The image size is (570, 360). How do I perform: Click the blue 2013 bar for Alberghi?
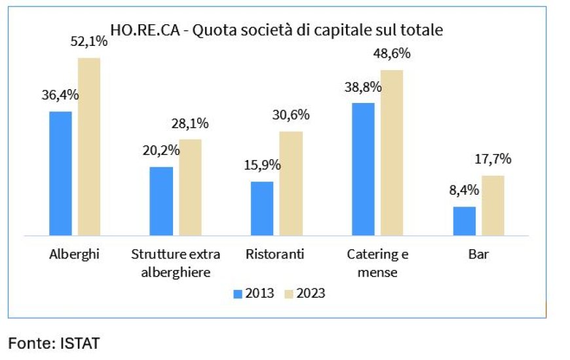point(60,173)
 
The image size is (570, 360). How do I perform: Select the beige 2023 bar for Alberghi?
point(89,146)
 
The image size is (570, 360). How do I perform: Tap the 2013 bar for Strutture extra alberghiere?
point(161,201)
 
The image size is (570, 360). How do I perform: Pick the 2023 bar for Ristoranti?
point(291,183)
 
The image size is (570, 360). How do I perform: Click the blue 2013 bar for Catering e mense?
point(363,169)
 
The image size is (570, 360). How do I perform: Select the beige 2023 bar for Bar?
point(493,205)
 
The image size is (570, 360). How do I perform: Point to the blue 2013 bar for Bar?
point(465,220)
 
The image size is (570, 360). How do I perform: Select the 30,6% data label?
point(291,115)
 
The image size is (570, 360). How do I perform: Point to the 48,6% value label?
point(392,54)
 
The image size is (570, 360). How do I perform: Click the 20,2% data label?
point(161,150)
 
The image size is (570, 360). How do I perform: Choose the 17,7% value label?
point(493,159)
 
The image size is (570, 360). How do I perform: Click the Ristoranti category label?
point(275,254)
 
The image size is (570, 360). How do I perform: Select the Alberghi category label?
point(74,254)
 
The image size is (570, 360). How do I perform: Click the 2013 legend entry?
point(254,293)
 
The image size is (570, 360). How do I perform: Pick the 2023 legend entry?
point(304,293)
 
